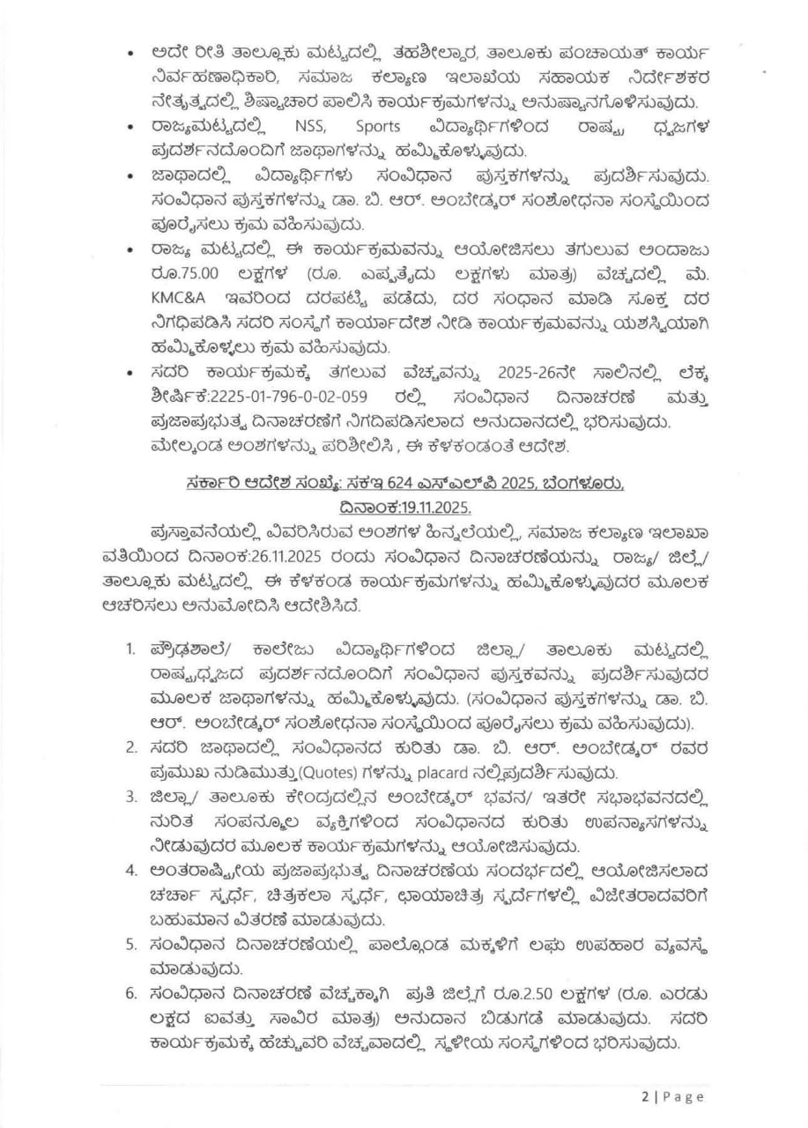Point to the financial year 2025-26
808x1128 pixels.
tap(497, 373)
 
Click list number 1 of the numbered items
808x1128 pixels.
tap(130, 649)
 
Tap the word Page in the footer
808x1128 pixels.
tap(683, 1096)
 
